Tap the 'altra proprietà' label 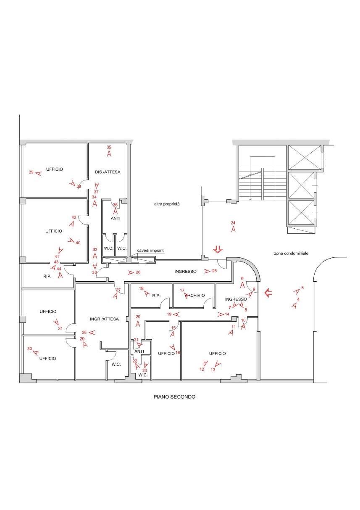167,204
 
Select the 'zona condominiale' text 291,253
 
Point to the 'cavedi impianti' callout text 151,251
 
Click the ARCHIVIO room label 195,295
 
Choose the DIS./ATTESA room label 108,172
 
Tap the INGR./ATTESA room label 104,319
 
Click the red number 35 109,147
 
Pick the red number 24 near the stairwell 233,223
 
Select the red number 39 31,172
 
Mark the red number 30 29,349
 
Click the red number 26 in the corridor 138,272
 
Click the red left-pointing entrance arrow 268,293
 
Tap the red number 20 138,317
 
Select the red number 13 213,370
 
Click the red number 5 302,288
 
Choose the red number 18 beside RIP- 141,288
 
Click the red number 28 84,332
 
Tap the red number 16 178,353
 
